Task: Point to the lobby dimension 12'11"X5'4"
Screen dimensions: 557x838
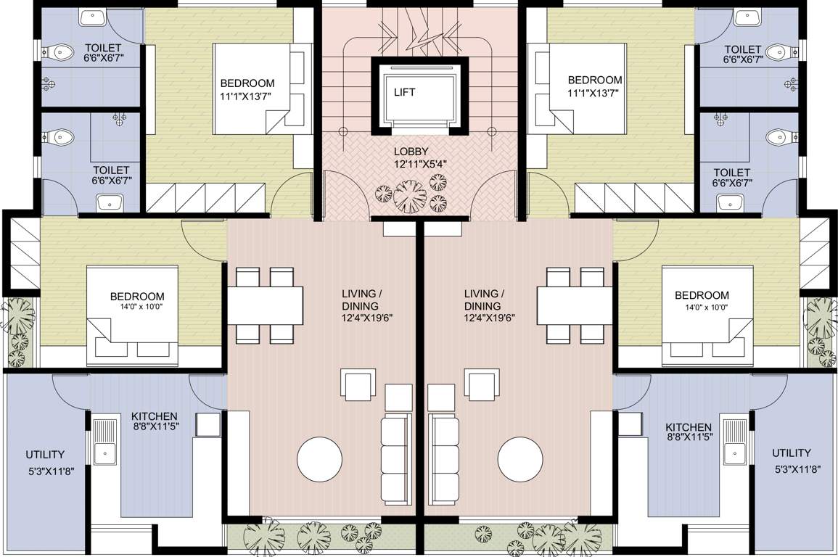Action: click(x=419, y=164)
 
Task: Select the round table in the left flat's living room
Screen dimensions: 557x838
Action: click(x=319, y=458)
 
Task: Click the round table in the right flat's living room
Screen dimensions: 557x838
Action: click(x=520, y=458)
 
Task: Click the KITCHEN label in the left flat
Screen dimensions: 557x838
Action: click(x=155, y=416)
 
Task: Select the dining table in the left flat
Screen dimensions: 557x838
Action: click(x=265, y=305)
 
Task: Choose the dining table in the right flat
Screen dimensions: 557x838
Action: click(x=573, y=305)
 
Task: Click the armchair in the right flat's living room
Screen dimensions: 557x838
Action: click(x=482, y=384)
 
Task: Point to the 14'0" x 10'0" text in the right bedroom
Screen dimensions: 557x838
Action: click(x=702, y=308)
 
